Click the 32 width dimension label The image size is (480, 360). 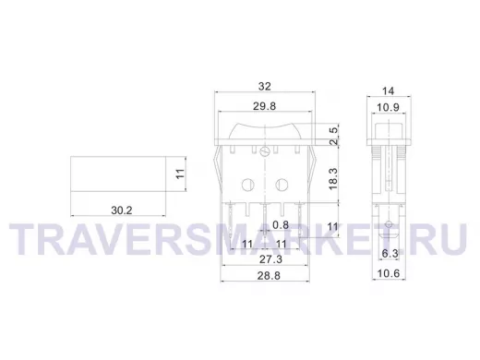tap(265, 87)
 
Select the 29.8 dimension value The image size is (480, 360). tap(265, 106)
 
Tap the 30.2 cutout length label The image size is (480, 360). tap(122, 210)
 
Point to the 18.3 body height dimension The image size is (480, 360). tap(333, 179)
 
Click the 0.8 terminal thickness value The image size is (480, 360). tap(281, 225)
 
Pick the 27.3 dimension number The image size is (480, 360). tap(270, 259)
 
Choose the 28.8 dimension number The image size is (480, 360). tap(269, 276)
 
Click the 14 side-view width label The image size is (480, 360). tap(388, 91)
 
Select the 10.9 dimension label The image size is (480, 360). tap(388, 107)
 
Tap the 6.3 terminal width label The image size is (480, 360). tap(390, 254)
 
